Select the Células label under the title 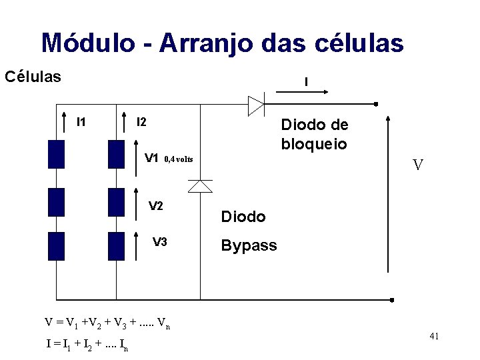point(33,76)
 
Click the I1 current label point(81,122)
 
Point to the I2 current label point(141,122)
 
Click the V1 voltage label point(151,159)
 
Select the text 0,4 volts point(178,159)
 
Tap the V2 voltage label point(156,205)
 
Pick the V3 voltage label point(160,242)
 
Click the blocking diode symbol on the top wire point(256,105)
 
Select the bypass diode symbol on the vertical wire point(200,185)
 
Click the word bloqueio point(314,144)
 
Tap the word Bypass point(249,245)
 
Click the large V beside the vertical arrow point(417,165)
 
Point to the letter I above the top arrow point(305,83)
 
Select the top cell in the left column point(57,153)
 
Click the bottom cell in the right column point(117,245)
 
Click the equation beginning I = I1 point(87,345)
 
